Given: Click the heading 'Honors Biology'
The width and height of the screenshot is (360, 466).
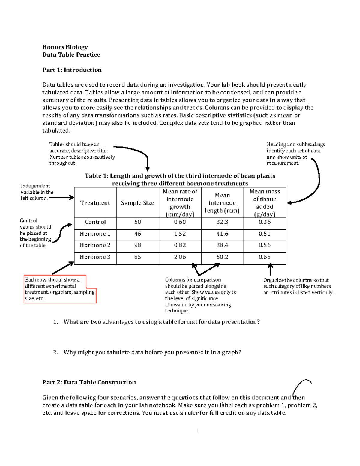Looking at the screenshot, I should point(65,47).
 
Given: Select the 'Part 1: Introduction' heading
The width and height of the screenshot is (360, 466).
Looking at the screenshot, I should point(72,70).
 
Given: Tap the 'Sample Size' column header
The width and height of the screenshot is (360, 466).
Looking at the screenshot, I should point(137,203).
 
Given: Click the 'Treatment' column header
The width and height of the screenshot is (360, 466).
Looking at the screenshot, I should point(95,203).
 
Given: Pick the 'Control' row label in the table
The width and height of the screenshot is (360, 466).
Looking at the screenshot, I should point(95,222).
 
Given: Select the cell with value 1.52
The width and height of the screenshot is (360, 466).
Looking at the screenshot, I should point(180,234).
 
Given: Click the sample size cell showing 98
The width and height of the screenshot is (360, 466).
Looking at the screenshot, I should point(137,245).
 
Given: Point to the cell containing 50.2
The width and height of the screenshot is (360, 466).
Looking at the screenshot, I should point(222,257).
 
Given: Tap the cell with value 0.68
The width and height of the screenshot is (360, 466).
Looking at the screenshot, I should point(265,257).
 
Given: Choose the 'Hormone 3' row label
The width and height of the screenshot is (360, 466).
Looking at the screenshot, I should point(95,257).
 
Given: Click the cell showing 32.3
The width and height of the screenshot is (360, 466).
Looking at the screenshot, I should point(222,222).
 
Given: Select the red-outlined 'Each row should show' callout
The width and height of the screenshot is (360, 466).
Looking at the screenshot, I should point(60,289).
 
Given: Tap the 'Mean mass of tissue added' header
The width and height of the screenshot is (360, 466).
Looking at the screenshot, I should point(265,203).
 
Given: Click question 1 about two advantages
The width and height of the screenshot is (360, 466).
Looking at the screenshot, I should point(161,322).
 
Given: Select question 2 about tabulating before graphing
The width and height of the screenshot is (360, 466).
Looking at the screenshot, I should point(152,352).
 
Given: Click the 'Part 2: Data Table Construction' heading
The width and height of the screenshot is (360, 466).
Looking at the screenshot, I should point(89,382).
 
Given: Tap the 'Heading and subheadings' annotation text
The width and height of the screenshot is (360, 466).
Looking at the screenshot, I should point(295,154).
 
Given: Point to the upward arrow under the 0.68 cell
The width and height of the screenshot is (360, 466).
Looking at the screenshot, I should point(270,269).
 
